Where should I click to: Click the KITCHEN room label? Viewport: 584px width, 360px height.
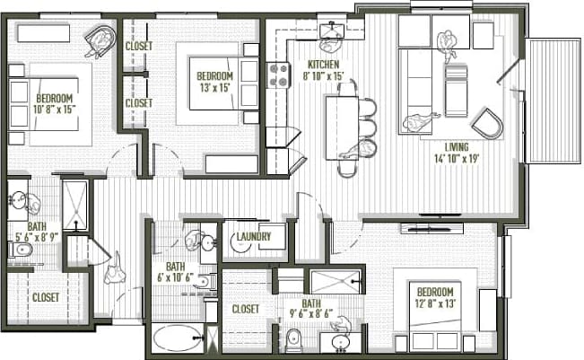[323, 66]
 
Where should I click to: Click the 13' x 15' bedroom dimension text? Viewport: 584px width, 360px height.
[214, 87]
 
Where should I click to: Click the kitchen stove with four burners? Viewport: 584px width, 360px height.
[278, 74]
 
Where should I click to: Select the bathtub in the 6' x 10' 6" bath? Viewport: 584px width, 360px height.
[178, 339]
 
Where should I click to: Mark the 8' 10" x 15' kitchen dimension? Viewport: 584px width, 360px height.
[323, 77]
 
